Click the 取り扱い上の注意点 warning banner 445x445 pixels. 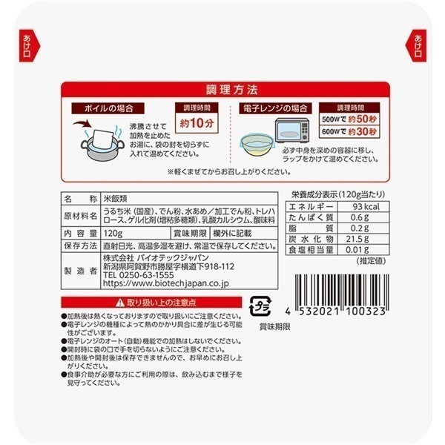pyautogui.click(x=151, y=303)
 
